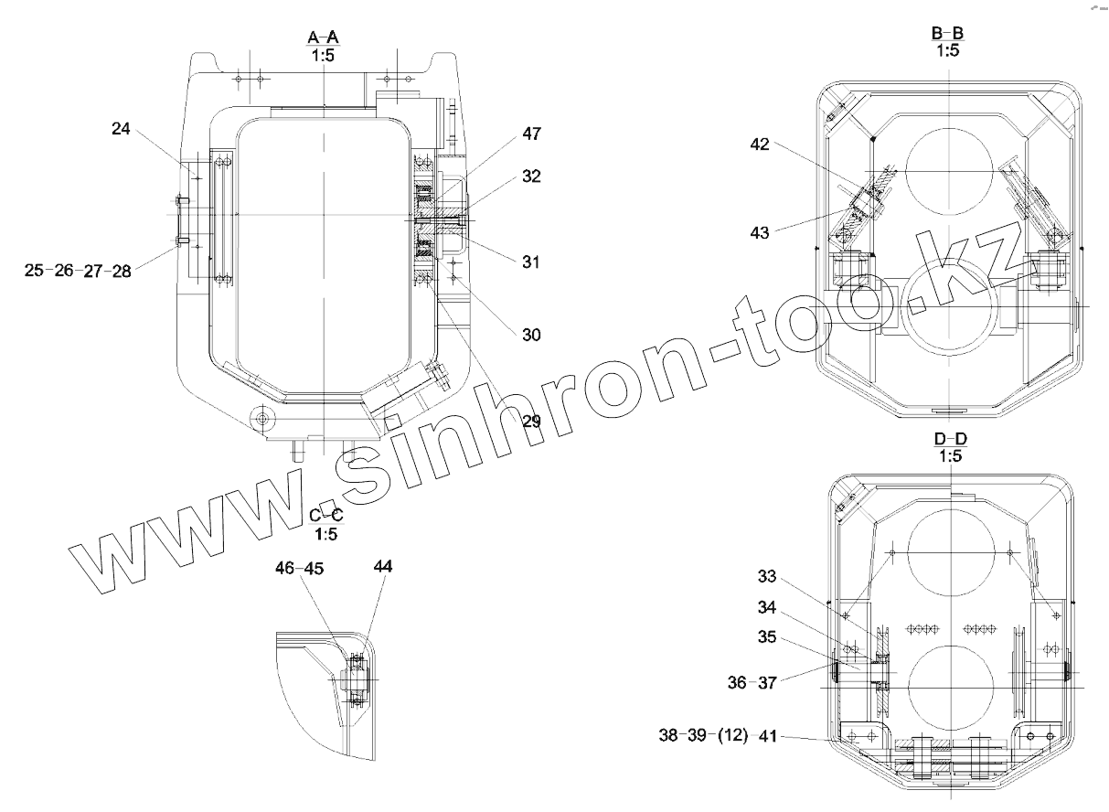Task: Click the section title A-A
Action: [x=324, y=37]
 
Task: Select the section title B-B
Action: [x=947, y=33]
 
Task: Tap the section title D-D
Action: [x=951, y=439]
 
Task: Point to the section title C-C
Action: [x=326, y=515]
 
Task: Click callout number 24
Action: [x=121, y=129]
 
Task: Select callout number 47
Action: [x=532, y=134]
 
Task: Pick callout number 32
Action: [x=531, y=176]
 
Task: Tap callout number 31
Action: [x=531, y=262]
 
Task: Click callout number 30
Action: [x=531, y=336]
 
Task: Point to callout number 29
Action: [x=531, y=422]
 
